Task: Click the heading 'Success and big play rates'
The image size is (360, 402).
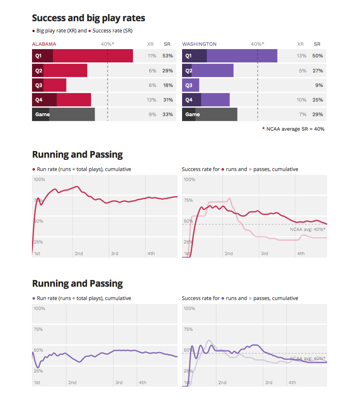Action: point(89,18)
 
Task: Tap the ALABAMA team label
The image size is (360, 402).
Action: point(44,44)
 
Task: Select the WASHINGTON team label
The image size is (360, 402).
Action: point(199,44)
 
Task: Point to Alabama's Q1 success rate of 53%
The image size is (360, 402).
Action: point(168,56)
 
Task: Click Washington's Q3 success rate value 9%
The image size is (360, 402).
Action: point(319,85)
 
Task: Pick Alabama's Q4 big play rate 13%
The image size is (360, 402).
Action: point(152,100)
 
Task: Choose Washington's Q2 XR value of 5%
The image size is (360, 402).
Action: point(302,71)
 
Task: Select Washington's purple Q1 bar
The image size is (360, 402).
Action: point(241,56)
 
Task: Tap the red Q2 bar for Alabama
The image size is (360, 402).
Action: point(65,71)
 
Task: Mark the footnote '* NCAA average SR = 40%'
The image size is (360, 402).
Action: point(293,129)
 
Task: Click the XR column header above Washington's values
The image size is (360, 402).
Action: point(301,44)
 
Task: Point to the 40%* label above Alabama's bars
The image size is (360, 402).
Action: point(108,44)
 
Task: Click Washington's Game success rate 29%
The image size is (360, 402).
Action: point(318,114)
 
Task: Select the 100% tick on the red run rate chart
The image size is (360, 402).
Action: point(39,179)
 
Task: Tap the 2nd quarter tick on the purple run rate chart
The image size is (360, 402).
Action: point(72,382)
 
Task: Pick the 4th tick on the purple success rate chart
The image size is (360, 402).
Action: point(293,382)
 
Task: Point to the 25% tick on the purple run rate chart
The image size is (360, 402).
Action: point(38,371)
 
